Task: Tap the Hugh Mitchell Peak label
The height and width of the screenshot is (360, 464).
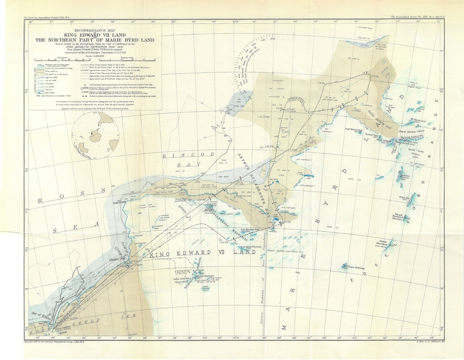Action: [x=356, y=129]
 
